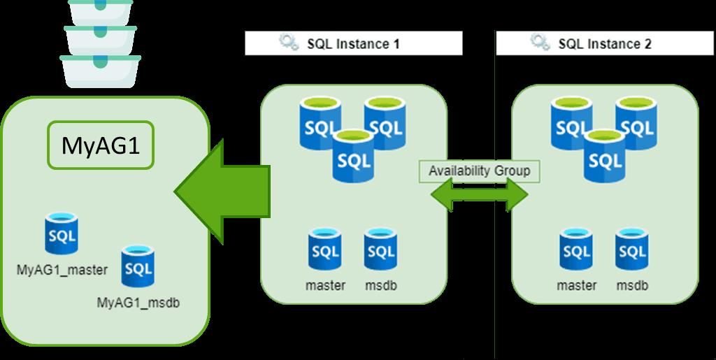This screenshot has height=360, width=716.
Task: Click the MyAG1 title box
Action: pos(100,146)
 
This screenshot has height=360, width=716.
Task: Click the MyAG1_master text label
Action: pos(62,270)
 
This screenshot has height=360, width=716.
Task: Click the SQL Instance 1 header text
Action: pos(354,44)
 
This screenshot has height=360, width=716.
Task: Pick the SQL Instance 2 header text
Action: pos(605,44)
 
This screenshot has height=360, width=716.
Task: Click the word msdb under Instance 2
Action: pos(632,286)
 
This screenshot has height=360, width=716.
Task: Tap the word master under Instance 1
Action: pos(325,286)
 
